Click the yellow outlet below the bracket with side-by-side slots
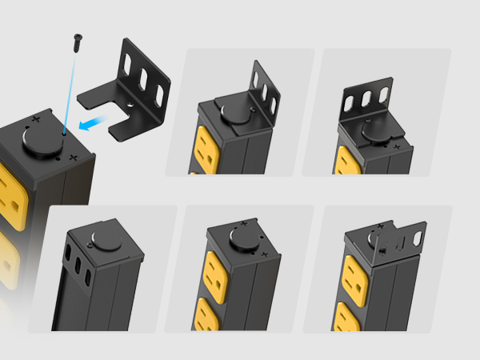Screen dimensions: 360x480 tap(346, 160)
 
